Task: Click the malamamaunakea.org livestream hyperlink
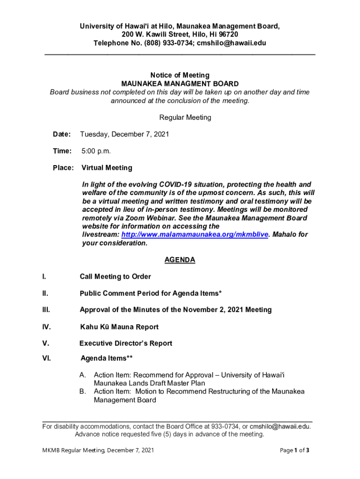coord(195,235)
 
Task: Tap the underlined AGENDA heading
coord(180,260)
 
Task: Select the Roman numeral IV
coord(47,327)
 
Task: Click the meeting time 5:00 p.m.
coord(96,151)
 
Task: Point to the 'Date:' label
coord(62,135)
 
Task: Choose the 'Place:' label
coord(63,168)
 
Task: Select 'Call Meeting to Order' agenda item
coord(115,277)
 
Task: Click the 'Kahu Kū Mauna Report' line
coord(119,327)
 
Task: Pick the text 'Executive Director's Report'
coord(126,343)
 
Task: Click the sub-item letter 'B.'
coord(84,392)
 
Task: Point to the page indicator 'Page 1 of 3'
coord(295,450)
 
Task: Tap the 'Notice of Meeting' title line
coord(180,75)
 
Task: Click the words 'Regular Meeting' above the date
coord(186,117)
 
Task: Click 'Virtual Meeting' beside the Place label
coord(107,168)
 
